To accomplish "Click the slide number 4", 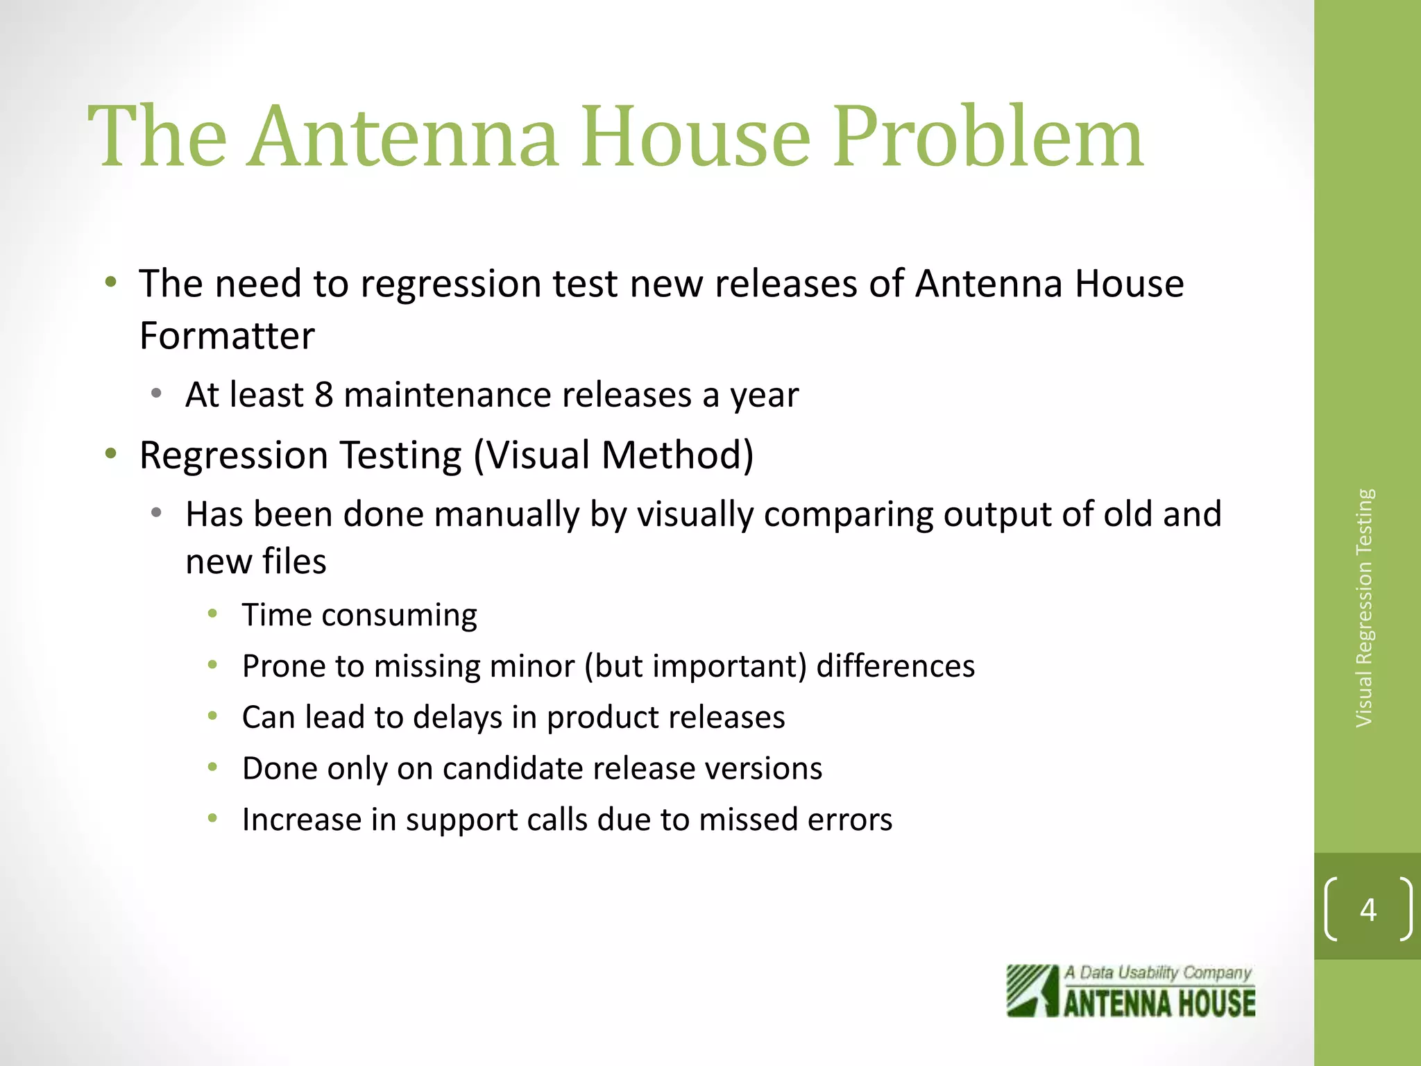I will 1368,909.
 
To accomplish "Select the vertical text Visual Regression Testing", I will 1364,608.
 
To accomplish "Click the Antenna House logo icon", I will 1032,991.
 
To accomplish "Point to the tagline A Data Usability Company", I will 1158,972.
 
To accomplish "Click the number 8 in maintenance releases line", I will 323,395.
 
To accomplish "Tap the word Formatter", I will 227,336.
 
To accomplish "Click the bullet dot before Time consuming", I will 213,614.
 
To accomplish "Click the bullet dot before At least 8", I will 157,394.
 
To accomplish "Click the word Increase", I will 301,820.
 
